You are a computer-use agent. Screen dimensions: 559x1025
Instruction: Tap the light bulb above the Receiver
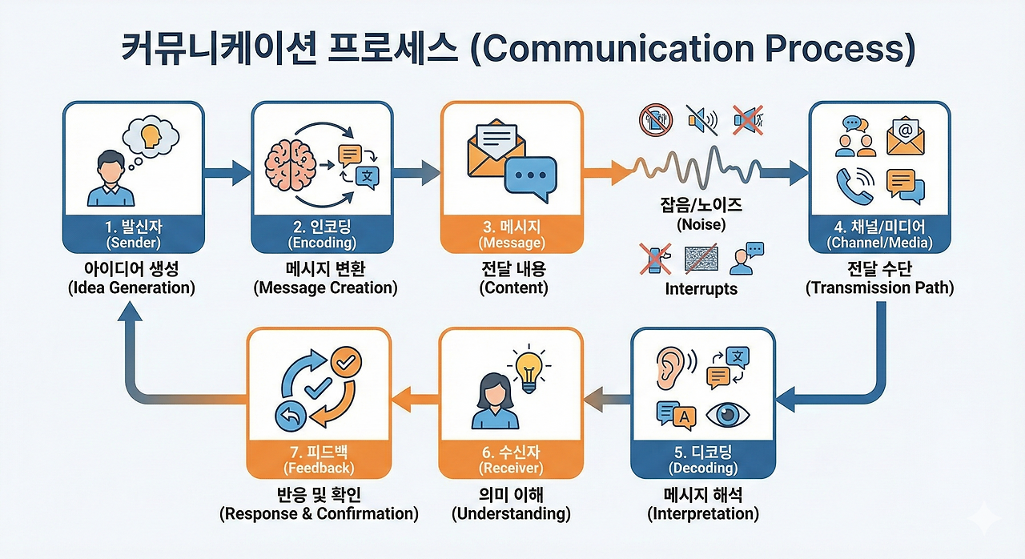coord(528,371)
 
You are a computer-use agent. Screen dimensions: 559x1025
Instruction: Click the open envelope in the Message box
coord(496,148)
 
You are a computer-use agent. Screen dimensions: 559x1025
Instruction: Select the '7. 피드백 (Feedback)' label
coord(319,459)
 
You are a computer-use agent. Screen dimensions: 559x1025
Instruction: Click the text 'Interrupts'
coord(701,289)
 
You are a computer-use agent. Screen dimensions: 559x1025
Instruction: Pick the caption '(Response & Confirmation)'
coord(319,514)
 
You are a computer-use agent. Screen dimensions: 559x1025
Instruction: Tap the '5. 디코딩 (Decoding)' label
coord(703,459)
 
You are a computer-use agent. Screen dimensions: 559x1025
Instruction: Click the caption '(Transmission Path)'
coord(879,288)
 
